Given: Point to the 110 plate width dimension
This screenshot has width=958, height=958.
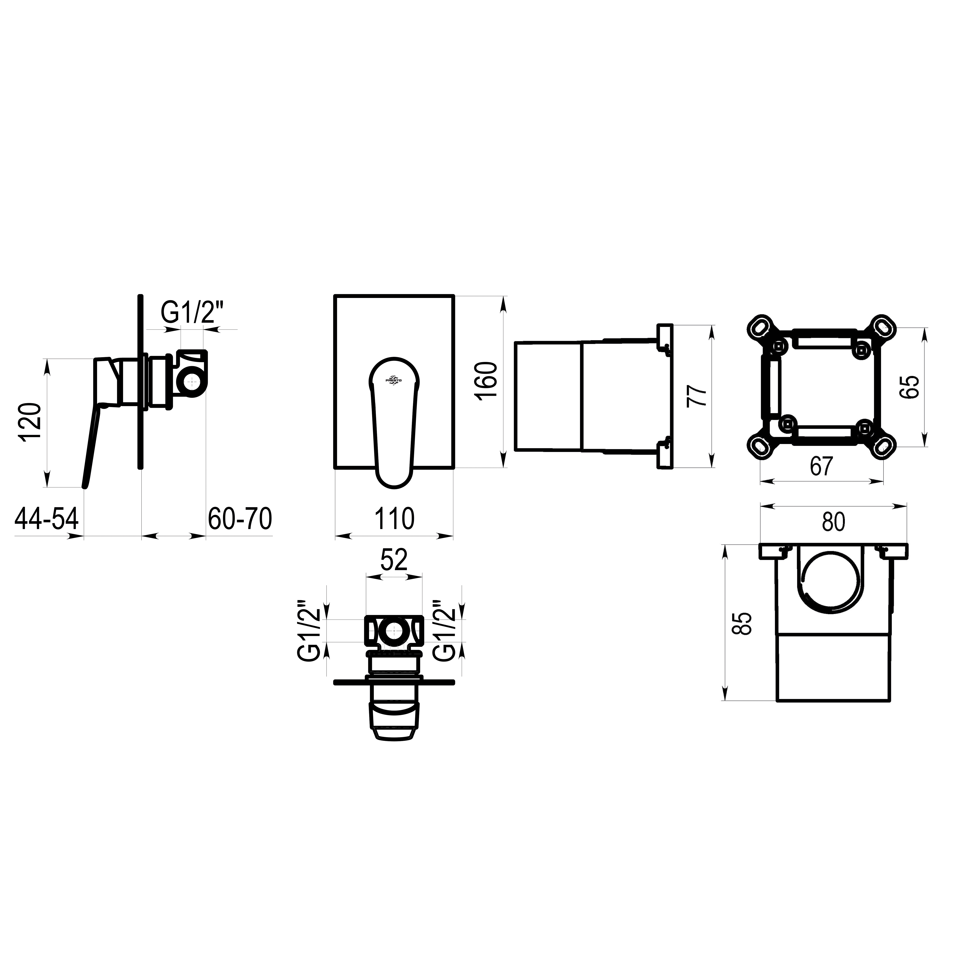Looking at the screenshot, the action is pyautogui.click(x=394, y=519).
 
